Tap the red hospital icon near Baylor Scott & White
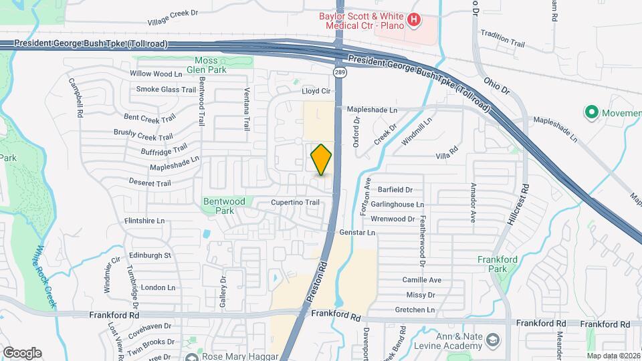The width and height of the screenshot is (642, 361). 414,20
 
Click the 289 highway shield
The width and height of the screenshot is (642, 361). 340,72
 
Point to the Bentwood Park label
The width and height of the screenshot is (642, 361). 224,205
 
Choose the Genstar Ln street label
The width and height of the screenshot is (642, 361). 358,233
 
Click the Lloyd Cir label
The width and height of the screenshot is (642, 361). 316,91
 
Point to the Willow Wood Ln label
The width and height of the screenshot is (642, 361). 156,74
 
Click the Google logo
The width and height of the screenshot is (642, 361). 21,352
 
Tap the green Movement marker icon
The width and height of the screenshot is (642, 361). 591,112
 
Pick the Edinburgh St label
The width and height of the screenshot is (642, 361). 150,255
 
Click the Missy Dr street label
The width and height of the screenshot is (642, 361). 420,295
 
